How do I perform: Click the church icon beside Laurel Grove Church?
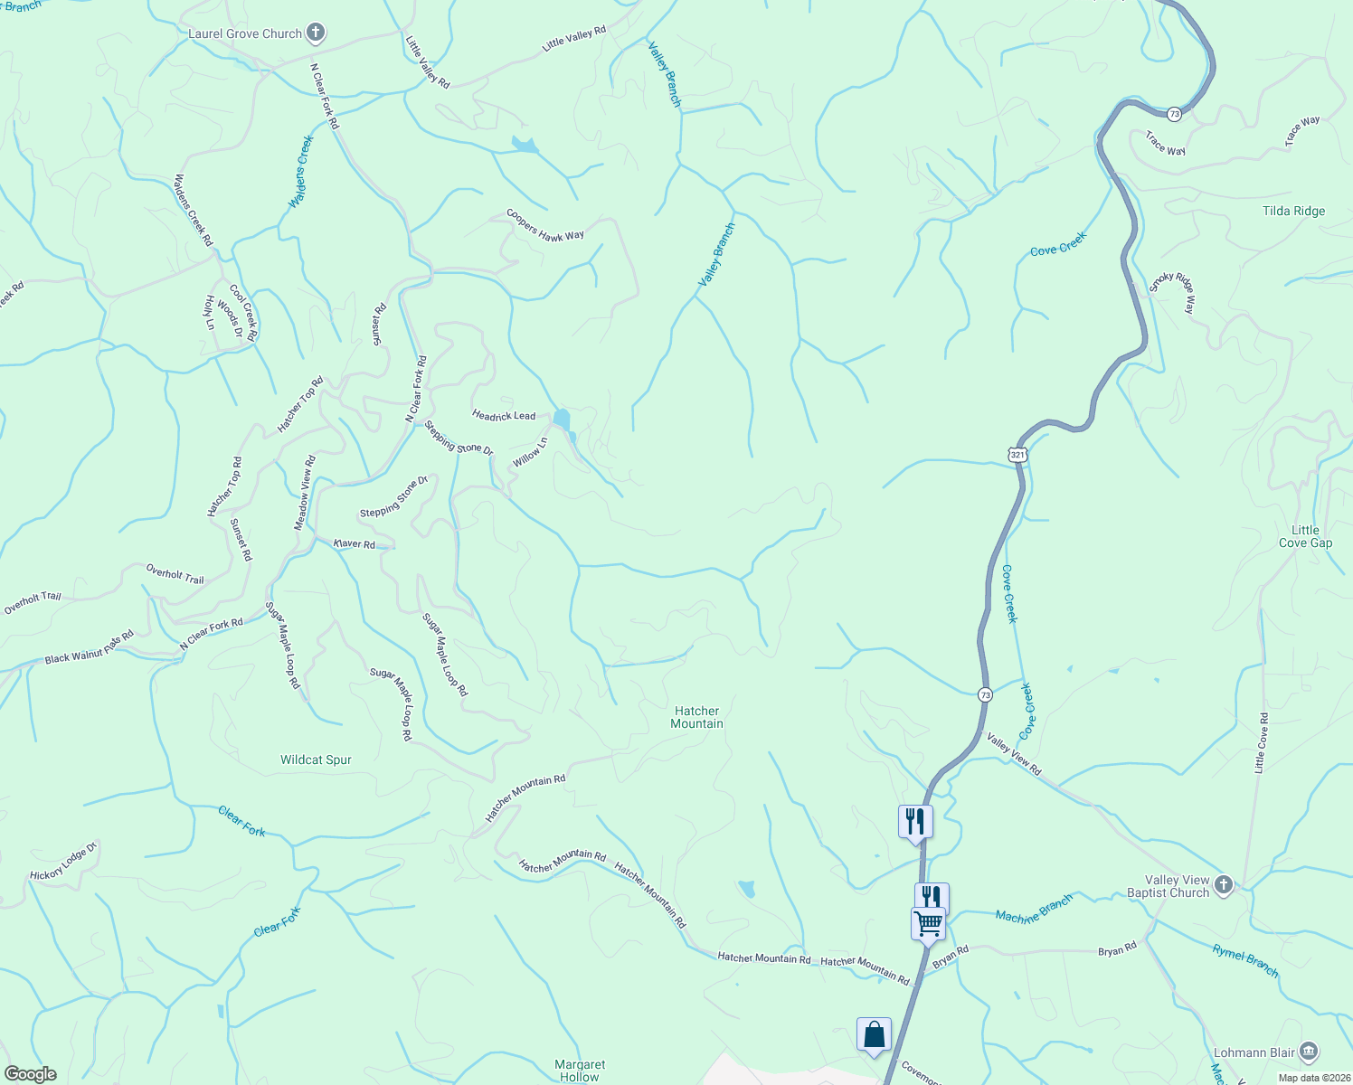click(x=315, y=34)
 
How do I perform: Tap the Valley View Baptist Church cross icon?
click(x=1224, y=885)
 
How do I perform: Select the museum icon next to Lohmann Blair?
click(x=1309, y=1052)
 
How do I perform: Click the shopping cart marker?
click(x=928, y=924)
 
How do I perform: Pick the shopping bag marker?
click(x=874, y=1033)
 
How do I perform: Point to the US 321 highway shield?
click(x=1018, y=455)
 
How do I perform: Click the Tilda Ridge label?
click(x=1293, y=211)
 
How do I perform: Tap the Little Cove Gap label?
click(x=1305, y=536)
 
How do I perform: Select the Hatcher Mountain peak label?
click(x=696, y=717)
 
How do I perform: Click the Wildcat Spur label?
click(x=316, y=759)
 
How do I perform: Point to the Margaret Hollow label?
click(x=580, y=1071)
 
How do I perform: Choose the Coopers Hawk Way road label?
click(x=544, y=225)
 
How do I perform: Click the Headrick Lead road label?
click(x=504, y=415)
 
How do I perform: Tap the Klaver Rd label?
click(x=354, y=543)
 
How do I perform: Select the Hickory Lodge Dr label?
click(x=63, y=863)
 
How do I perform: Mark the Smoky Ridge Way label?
click(x=1173, y=291)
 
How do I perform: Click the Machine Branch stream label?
click(x=1034, y=909)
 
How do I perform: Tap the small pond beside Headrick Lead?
click(x=563, y=420)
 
